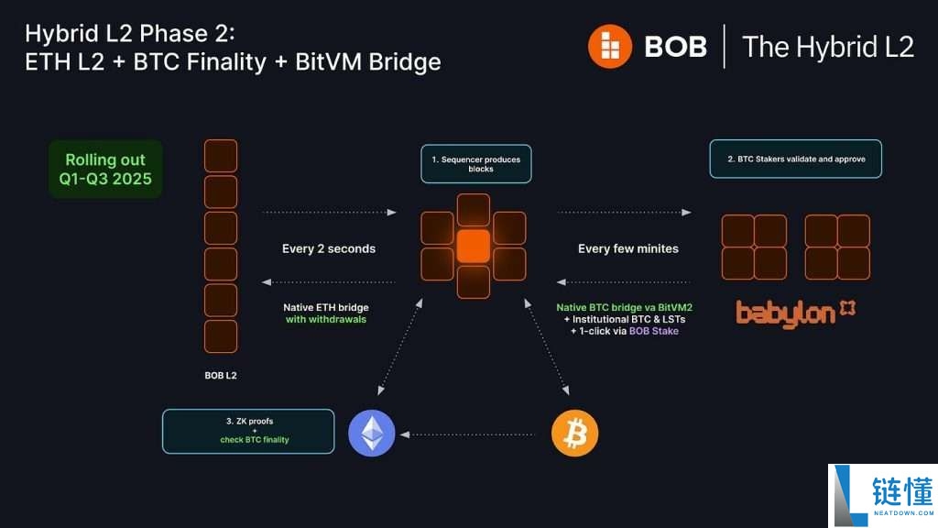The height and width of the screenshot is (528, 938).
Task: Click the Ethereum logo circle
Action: click(372, 433)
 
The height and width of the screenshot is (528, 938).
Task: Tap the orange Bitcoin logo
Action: click(574, 433)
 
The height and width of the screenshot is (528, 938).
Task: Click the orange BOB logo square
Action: click(610, 46)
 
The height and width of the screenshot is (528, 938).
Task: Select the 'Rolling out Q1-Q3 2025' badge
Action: click(106, 170)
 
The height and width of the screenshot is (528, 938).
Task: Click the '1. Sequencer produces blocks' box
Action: click(475, 164)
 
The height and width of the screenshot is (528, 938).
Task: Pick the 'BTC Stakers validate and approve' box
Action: click(795, 159)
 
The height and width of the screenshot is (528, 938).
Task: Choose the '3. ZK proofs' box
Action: click(248, 431)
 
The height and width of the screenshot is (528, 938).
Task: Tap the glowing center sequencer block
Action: click(474, 247)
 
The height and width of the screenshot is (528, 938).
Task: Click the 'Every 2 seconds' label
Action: click(329, 248)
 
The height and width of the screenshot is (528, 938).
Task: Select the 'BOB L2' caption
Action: click(221, 375)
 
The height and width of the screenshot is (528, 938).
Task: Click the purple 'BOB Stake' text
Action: click(654, 331)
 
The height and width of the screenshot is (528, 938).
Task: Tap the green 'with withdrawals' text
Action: click(326, 320)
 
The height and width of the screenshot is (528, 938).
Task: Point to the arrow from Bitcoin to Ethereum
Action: click(473, 434)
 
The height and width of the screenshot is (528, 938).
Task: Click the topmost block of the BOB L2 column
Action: click(221, 156)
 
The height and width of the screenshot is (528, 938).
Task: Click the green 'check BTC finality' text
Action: click(255, 440)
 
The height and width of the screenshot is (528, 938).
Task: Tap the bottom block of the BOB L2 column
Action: click(221, 336)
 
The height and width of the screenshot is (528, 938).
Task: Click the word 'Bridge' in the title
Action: click(401, 61)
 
